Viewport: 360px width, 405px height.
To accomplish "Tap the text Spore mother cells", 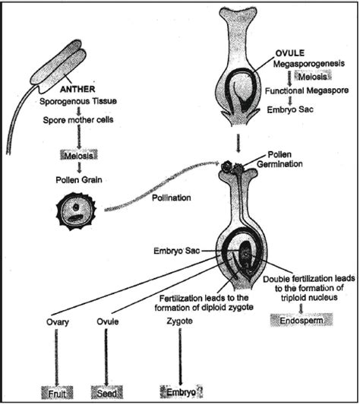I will (74, 124).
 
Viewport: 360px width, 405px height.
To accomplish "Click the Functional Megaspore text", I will (307, 90).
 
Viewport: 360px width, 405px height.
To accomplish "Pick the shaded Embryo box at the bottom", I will (178, 393).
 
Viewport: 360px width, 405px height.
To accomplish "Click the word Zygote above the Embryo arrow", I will (178, 322).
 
